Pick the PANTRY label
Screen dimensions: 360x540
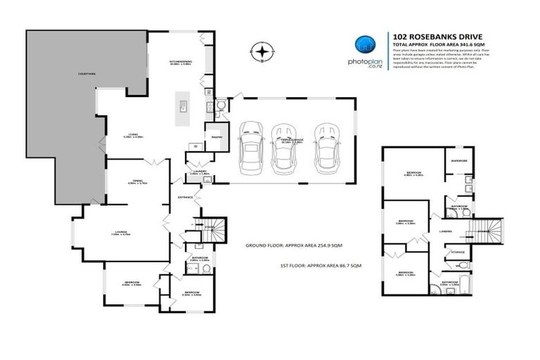point(212,138)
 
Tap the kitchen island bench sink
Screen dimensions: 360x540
point(182,107)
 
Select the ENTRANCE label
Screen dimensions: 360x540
point(185,197)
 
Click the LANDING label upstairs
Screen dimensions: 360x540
point(445,231)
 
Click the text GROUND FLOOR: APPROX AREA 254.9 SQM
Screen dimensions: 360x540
point(294,246)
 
